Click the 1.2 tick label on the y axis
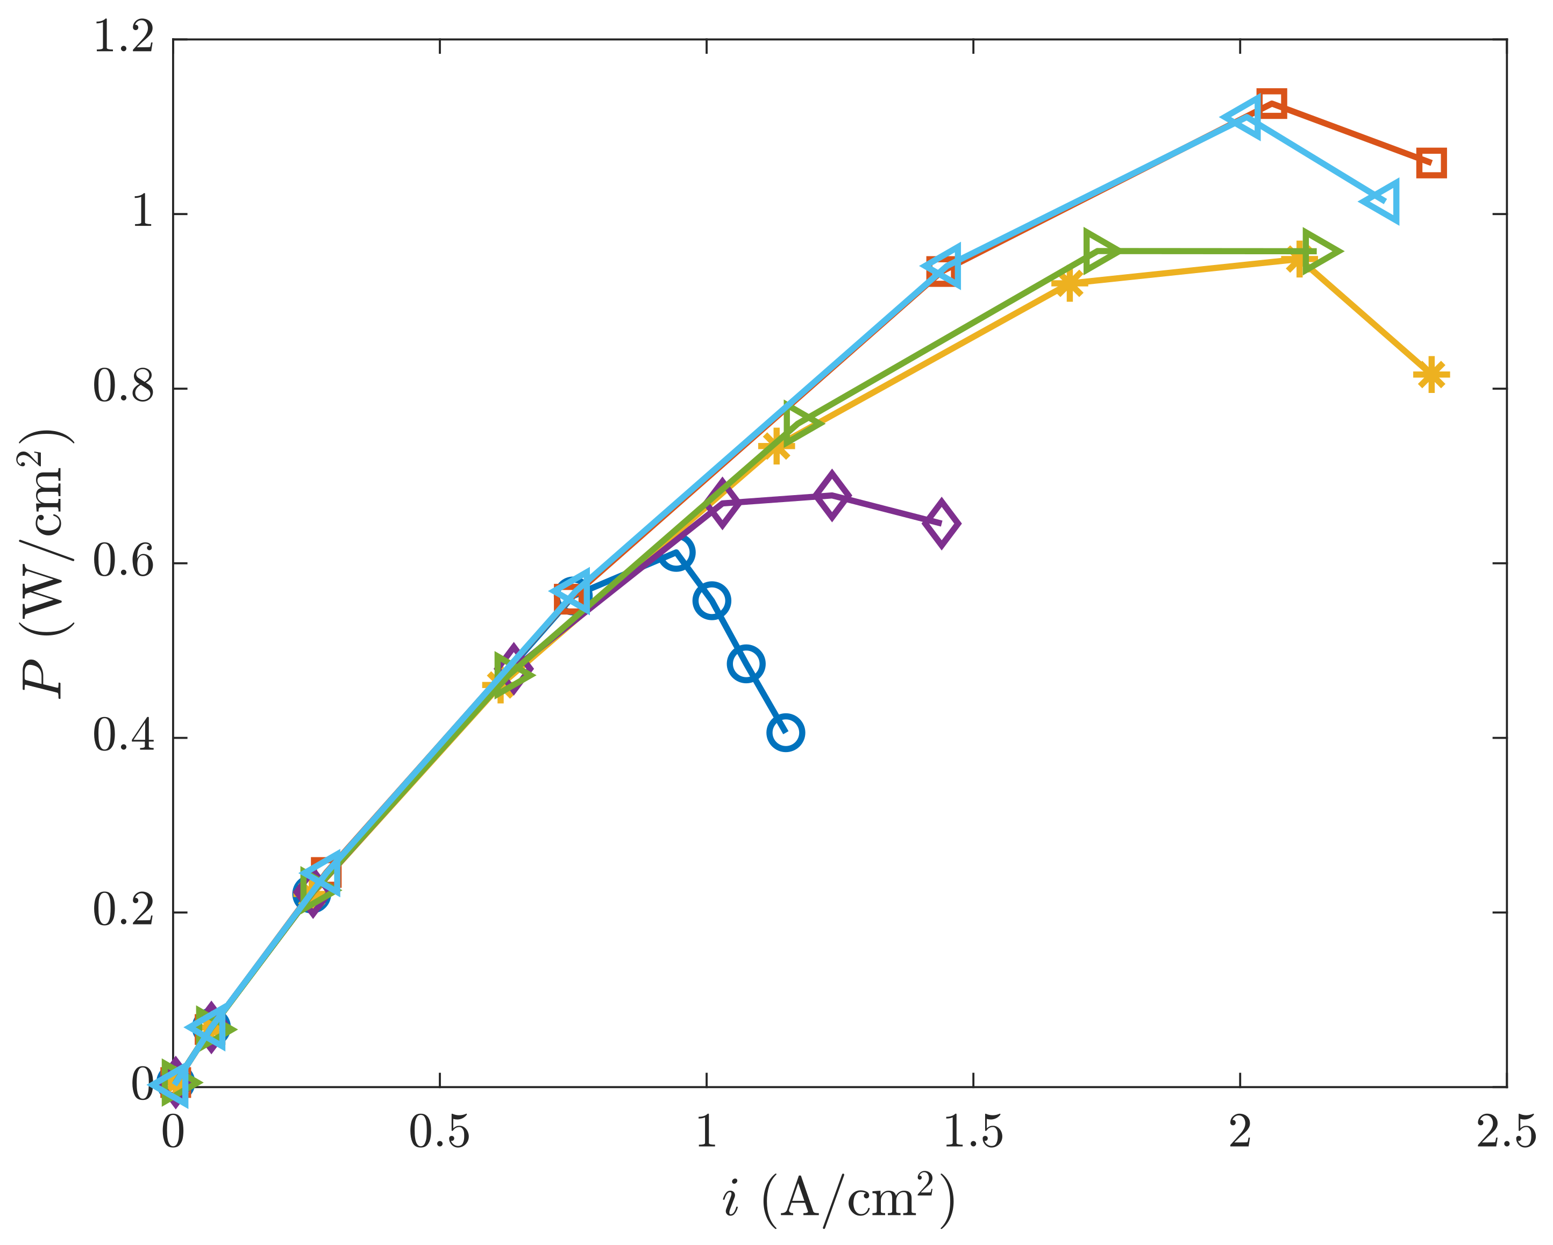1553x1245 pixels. pos(123,38)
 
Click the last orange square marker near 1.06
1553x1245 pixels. pos(1430,163)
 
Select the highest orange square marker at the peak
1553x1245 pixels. pos(1271,104)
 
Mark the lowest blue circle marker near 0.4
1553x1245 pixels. pos(786,733)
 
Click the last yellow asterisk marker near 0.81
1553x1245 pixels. pos(1430,375)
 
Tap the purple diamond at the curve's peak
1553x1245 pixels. pos(832,496)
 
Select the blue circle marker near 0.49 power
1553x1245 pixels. pos(746,663)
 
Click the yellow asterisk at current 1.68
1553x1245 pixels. pos(1069,284)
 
